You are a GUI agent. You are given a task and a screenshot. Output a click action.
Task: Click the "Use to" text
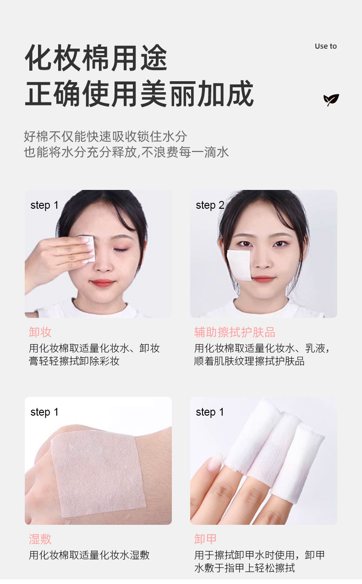tap(325, 46)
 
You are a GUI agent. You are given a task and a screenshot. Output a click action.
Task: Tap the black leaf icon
tap(331, 100)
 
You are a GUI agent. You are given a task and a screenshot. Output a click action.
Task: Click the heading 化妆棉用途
tap(96, 58)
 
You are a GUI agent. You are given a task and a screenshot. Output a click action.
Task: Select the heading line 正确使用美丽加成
tap(139, 93)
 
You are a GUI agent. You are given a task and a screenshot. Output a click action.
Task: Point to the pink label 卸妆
tap(40, 332)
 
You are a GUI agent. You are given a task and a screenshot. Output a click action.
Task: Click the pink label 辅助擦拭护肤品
tap(235, 332)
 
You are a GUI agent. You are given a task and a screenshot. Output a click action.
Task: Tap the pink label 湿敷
tap(40, 539)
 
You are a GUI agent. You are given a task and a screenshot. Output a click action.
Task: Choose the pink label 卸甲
tap(205, 539)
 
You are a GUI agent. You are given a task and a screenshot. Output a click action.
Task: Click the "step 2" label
tap(210, 205)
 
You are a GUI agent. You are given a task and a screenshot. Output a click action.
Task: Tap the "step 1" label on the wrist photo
tap(44, 412)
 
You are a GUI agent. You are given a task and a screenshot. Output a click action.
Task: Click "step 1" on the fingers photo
tap(210, 412)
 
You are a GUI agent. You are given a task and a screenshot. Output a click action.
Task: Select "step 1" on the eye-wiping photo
tap(44, 205)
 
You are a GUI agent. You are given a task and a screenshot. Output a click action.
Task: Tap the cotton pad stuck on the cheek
tap(240, 265)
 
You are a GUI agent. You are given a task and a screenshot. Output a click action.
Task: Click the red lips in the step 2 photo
tap(264, 279)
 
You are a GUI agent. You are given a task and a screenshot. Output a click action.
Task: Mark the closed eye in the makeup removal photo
tap(121, 250)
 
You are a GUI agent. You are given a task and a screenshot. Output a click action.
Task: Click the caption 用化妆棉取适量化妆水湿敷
tap(89, 555)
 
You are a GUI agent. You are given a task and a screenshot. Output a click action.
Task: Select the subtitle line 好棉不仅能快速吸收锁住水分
tap(105, 136)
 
